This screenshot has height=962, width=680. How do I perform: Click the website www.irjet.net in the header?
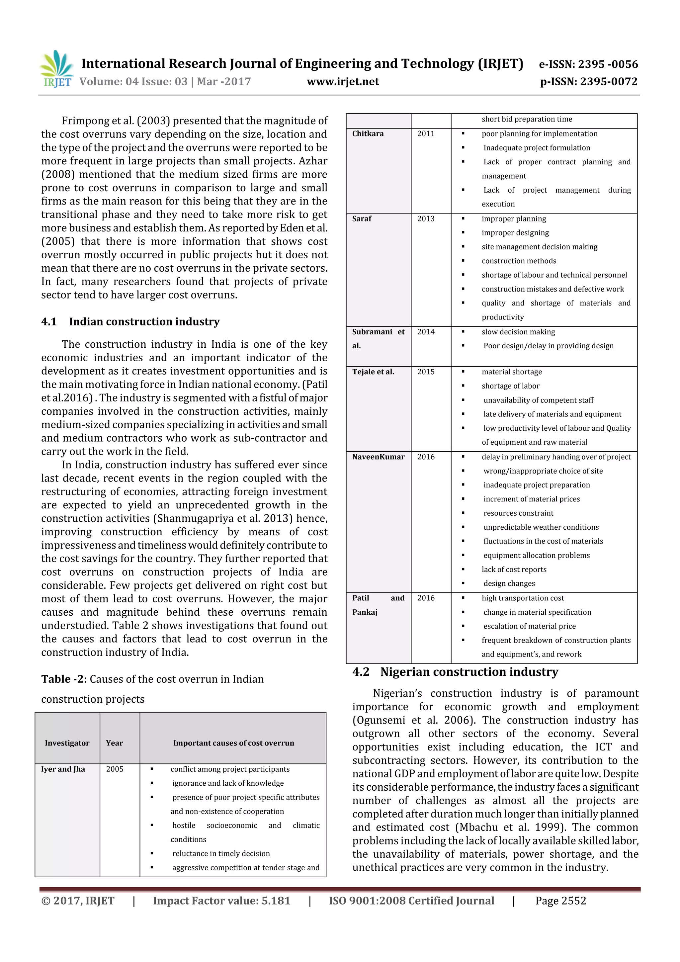342,81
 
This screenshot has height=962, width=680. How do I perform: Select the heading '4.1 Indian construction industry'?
130,321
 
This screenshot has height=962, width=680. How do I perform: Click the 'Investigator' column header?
67,743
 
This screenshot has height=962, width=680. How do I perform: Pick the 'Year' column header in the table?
114,743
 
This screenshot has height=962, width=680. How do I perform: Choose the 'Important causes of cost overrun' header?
233,743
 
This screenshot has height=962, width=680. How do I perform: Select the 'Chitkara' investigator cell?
368,134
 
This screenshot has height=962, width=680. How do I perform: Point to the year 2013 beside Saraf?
426,219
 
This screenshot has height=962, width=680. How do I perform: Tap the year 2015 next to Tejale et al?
426,372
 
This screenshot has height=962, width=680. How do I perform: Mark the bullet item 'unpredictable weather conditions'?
541,527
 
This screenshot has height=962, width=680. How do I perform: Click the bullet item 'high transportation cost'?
523,598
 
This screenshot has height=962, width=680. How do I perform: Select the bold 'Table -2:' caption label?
64,679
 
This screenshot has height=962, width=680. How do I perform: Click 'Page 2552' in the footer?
560,901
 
